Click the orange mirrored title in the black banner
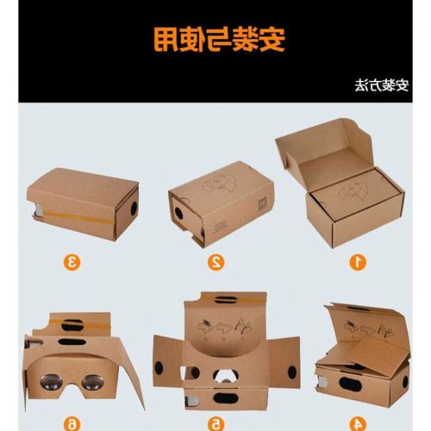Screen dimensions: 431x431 (x=215, y=40)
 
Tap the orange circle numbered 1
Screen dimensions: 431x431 (x=354, y=261)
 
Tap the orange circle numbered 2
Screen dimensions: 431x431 (x=216, y=261)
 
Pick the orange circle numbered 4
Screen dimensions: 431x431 (x=355, y=422)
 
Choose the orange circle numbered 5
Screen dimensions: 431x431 (x=216, y=422)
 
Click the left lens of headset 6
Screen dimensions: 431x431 (x=47, y=383)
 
